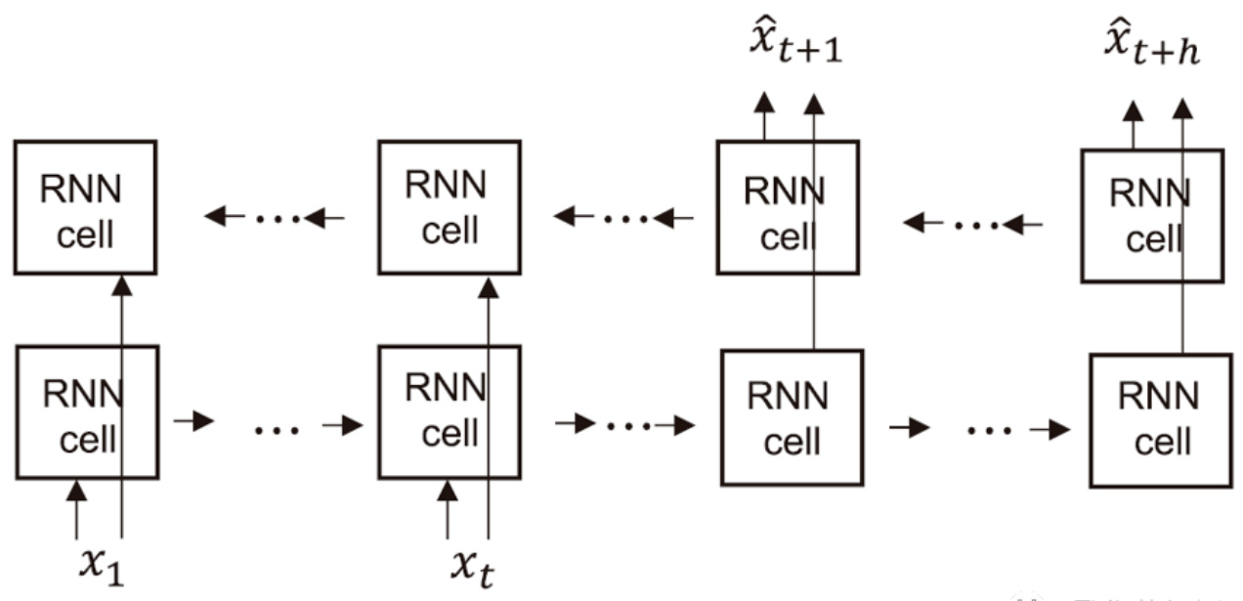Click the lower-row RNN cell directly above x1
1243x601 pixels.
click(x=86, y=411)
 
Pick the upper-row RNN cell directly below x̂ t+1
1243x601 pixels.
click(x=787, y=207)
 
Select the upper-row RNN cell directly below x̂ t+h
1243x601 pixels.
click(x=1151, y=215)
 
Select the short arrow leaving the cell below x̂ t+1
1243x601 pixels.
click(x=763, y=117)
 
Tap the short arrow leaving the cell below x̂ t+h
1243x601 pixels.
click(x=1133, y=125)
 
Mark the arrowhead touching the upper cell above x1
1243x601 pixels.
click(x=121, y=285)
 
